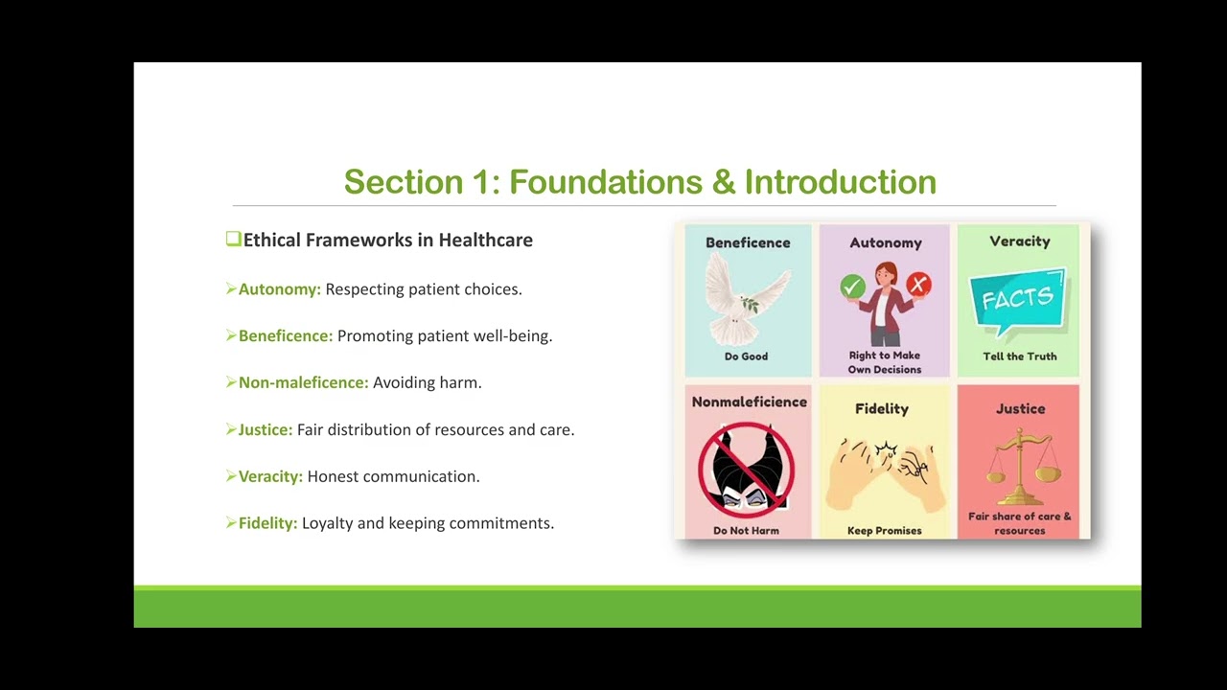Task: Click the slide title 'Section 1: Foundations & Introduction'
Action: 639,181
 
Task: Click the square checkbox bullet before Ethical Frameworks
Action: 233,240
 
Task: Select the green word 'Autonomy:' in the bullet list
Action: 280,289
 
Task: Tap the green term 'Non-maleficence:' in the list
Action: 303,382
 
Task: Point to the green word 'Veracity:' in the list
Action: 270,476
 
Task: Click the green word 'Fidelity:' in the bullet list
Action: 267,523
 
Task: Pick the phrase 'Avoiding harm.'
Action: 428,382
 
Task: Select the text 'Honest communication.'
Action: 393,476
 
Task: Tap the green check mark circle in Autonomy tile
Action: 852,287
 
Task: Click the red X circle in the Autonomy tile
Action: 918,285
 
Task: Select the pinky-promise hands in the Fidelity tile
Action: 884,471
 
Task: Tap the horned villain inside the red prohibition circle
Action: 746,469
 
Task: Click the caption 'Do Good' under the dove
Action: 746,356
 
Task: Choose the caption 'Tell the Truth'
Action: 1019,356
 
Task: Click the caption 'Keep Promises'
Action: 884,531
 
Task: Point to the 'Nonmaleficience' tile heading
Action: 749,402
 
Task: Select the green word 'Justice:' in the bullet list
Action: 266,429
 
